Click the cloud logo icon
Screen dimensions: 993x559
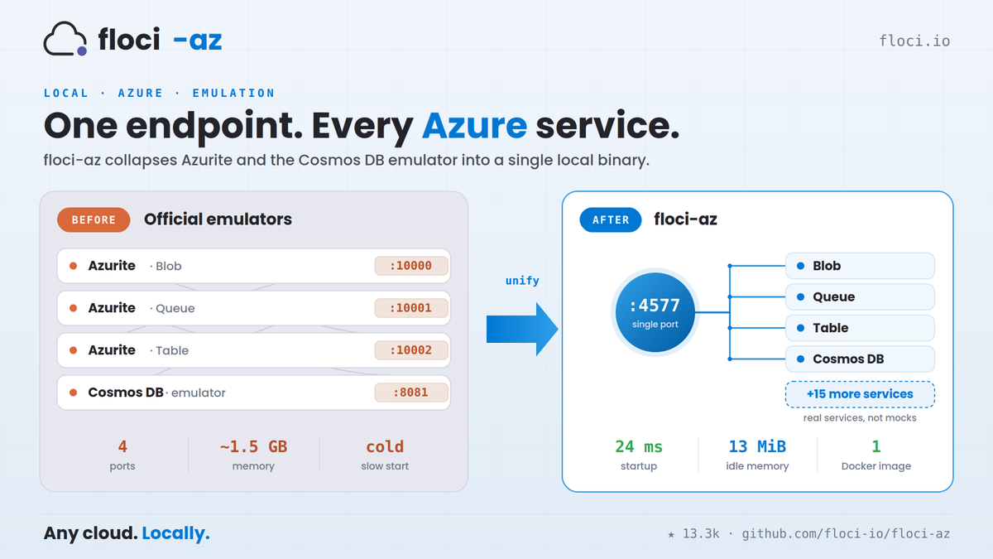point(65,39)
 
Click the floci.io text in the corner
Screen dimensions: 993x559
point(914,41)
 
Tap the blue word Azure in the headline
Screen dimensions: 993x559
point(474,126)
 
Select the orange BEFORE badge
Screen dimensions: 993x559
point(94,219)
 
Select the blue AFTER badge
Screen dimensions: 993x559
point(611,219)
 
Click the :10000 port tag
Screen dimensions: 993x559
point(411,266)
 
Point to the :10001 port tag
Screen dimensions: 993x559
point(411,308)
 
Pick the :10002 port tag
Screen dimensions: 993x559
point(411,350)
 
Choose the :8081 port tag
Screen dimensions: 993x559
point(411,393)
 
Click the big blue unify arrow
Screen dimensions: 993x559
point(522,330)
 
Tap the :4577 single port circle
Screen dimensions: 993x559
point(655,312)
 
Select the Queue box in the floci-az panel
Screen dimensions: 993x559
point(860,296)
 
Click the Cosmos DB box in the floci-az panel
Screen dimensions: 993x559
point(860,359)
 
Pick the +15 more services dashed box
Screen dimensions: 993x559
point(860,394)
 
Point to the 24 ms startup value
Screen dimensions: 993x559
point(639,446)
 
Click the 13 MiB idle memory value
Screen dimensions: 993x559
point(757,446)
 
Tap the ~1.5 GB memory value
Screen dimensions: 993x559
point(253,446)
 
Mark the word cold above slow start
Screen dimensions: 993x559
point(385,446)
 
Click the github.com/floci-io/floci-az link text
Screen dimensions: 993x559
point(846,533)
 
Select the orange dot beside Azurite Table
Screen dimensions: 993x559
point(74,350)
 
